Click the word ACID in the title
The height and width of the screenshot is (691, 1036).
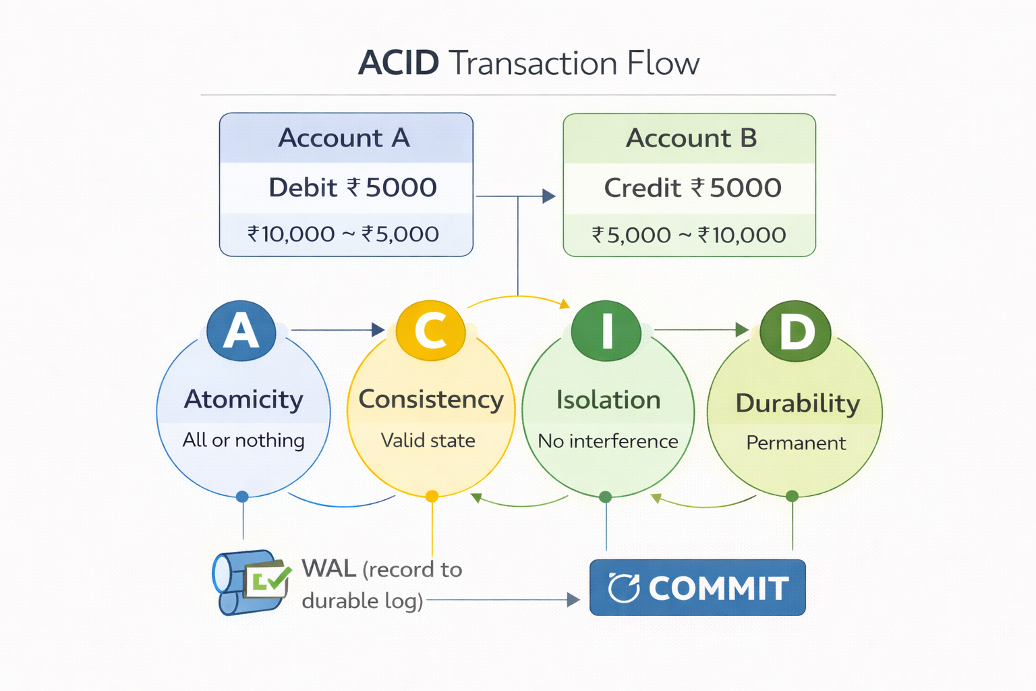(399, 63)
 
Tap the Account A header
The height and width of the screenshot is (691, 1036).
(345, 138)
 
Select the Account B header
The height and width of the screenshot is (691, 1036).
(691, 138)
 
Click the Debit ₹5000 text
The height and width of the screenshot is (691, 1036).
(352, 188)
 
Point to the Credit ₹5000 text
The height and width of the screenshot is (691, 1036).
(693, 188)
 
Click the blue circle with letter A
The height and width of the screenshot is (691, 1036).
(241, 331)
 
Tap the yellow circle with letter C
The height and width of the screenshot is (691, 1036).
(430, 331)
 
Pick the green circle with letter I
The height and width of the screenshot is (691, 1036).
(606, 331)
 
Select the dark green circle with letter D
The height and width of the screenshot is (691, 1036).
(795, 331)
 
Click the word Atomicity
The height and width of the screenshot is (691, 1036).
(243, 399)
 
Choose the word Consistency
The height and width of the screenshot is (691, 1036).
(431, 399)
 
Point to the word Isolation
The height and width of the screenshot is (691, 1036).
(608, 400)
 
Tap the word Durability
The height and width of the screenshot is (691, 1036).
(798, 404)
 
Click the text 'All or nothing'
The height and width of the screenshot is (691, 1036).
(243, 440)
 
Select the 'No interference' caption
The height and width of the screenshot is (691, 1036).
(608, 441)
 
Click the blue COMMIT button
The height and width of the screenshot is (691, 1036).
(697, 588)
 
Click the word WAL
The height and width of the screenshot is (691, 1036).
(328, 569)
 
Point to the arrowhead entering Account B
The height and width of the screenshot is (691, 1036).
(549, 196)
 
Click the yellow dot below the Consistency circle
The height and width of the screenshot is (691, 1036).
(432, 497)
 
